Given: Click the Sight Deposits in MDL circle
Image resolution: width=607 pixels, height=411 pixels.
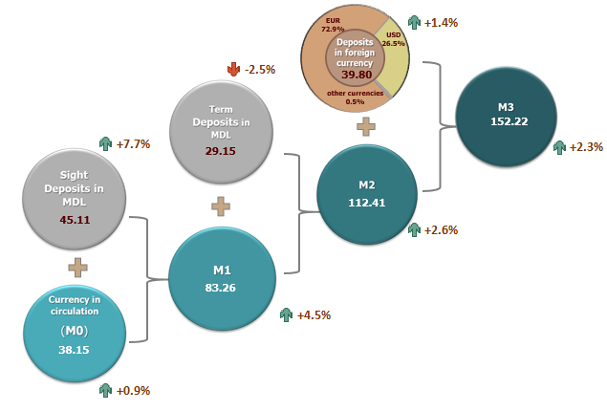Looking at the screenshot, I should pyautogui.click(x=74, y=199).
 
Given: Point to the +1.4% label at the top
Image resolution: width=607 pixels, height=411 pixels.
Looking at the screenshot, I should pyautogui.click(x=440, y=21).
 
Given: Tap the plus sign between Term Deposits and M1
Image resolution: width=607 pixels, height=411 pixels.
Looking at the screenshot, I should pyautogui.click(x=220, y=205).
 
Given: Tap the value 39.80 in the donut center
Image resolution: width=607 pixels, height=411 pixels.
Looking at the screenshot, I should pyautogui.click(x=355, y=74).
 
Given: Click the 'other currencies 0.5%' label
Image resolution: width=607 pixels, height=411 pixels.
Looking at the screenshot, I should pyautogui.click(x=355, y=97).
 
